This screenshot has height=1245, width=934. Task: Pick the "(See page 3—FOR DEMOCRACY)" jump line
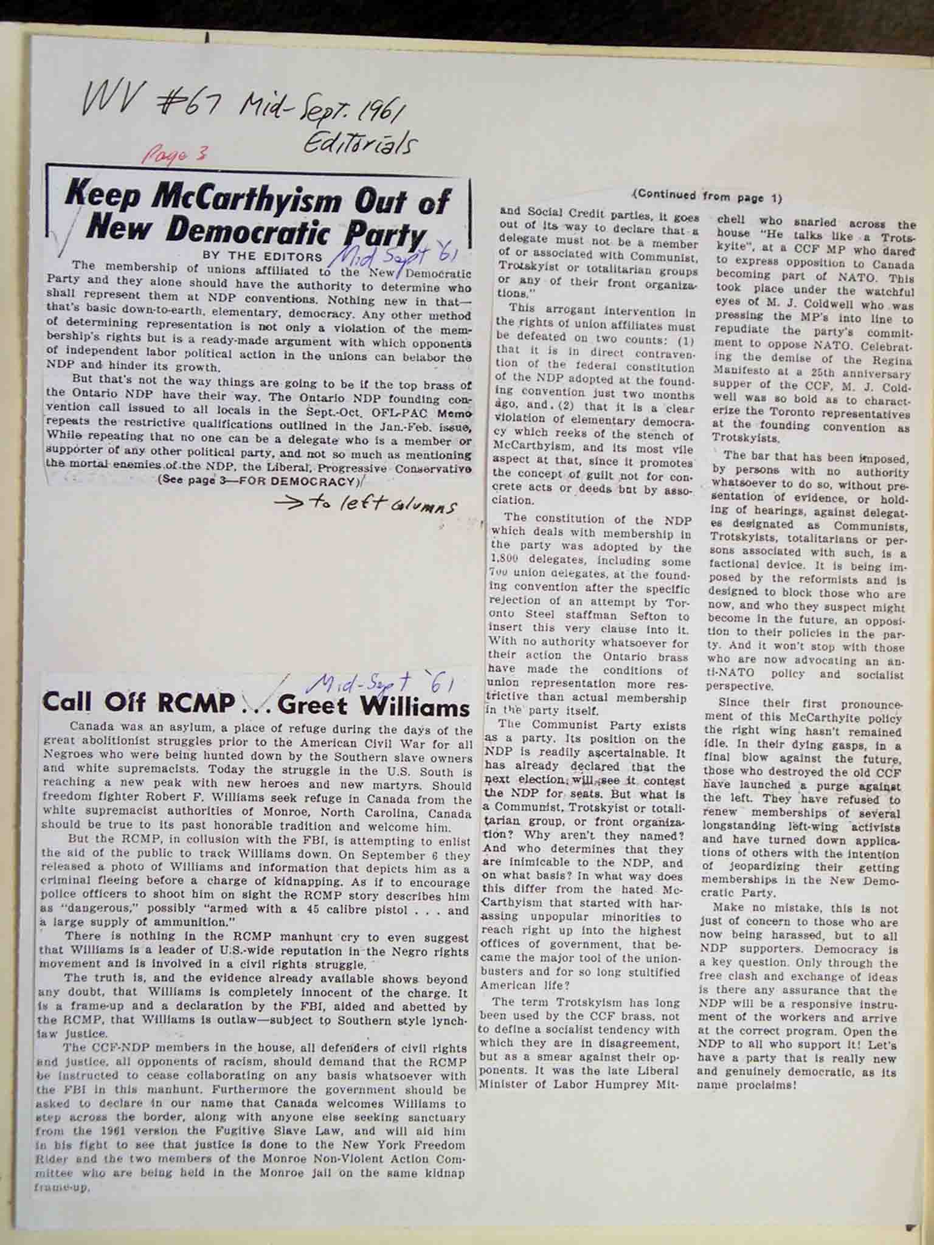(258, 481)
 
